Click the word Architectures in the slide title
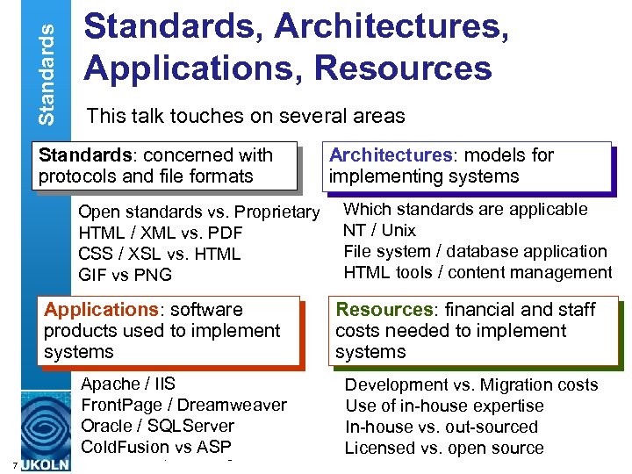pyautogui.click(x=391, y=26)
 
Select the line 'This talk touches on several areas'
pyautogui.click(x=245, y=115)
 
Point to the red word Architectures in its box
pyautogui.click(x=390, y=155)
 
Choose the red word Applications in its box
pyautogui.click(x=98, y=310)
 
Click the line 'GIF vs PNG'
pyautogui.click(x=126, y=275)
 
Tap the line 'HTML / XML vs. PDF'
pyautogui.click(x=161, y=233)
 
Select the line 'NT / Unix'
pyautogui.click(x=380, y=230)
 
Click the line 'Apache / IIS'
pyautogui.click(x=128, y=384)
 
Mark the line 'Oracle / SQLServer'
pyautogui.click(x=158, y=426)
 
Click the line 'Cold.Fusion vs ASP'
pyautogui.click(x=156, y=447)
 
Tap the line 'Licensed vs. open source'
pyautogui.click(x=444, y=448)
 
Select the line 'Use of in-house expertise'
pyautogui.click(x=444, y=406)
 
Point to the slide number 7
pyautogui.click(x=6, y=464)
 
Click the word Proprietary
pyautogui.click(x=277, y=212)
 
